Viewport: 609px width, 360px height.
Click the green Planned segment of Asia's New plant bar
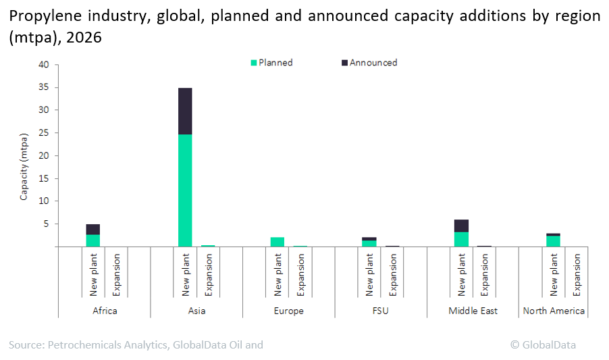pos(185,190)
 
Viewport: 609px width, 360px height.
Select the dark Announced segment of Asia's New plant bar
pos(185,111)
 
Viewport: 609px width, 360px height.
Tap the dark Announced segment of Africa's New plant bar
pos(93,229)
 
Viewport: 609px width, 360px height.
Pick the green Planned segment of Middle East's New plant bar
pos(461,239)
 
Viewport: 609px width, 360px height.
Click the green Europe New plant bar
pos(277,242)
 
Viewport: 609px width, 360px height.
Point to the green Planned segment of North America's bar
pos(553,241)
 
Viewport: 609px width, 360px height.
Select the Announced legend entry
pos(369,63)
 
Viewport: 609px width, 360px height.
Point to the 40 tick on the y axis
pos(44,65)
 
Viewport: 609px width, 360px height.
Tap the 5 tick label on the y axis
pos(47,224)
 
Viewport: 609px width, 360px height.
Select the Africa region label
pos(105,311)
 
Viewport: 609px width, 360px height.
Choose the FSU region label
pos(381,311)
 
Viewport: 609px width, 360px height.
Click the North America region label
pos(554,311)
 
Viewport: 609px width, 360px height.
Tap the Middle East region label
pos(473,311)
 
